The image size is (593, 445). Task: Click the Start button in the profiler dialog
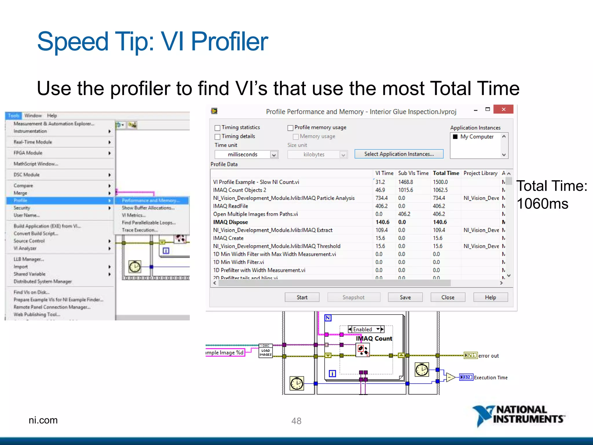pyautogui.click(x=302, y=297)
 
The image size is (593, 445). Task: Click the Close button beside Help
pyautogui.click(x=448, y=297)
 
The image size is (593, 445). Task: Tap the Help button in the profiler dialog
pyautogui.click(x=490, y=297)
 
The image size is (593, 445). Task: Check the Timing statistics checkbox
pyautogui.click(x=217, y=128)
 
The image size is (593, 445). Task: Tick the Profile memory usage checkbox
pyautogui.click(x=290, y=128)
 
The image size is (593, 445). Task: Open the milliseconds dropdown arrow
pyautogui.click(x=274, y=155)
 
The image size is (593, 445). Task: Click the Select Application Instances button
pyautogui.click(x=399, y=154)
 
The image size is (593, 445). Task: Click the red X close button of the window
pyautogui.click(x=503, y=109)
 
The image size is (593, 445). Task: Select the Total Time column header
pyautogui.click(x=446, y=173)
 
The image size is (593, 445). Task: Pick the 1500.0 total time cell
pyautogui.click(x=440, y=182)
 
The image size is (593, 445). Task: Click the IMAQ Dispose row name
pyautogui.click(x=230, y=222)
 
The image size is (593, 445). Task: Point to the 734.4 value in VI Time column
pyautogui.click(x=381, y=198)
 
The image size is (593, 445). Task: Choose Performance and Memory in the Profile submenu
pyautogui.click(x=151, y=200)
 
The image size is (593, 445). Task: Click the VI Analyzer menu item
pyautogui.click(x=25, y=248)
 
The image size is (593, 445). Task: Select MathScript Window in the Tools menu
pyautogui.click(x=36, y=164)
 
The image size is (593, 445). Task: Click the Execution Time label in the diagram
pyautogui.click(x=490, y=377)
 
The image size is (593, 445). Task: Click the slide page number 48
pyautogui.click(x=296, y=421)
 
